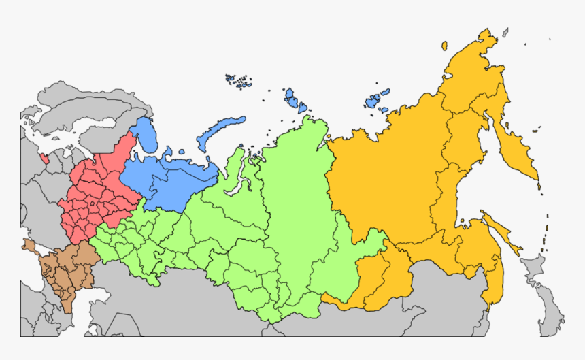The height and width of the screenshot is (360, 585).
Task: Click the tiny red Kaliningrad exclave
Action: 45,159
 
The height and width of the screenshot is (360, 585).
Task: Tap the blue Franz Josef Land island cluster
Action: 239,81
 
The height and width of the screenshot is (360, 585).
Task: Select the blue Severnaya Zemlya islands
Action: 297,101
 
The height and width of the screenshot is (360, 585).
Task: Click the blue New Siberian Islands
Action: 373,101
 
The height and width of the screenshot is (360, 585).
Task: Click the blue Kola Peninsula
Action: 144,133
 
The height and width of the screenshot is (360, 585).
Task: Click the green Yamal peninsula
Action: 235,163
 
